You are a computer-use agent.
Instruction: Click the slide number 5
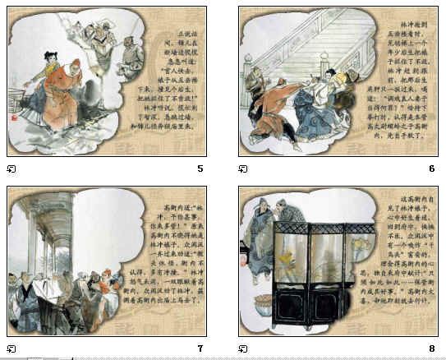coord(200,168)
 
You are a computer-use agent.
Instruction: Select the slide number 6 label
coord(431,168)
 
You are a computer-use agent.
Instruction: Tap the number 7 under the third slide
coord(200,348)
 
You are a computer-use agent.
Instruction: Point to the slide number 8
coord(431,348)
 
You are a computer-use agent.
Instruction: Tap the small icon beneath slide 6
coord(243,169)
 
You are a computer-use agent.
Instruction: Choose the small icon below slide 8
coord(243,348)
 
